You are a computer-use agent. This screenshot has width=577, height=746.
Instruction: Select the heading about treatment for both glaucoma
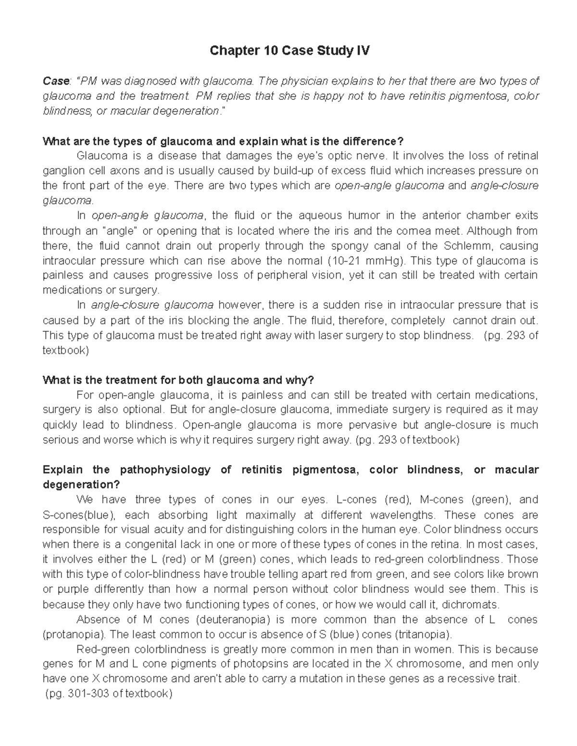pyautogui.click(x=178, y=380)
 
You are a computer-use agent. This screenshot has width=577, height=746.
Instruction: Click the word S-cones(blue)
pyautogui.click(x=79, y=515)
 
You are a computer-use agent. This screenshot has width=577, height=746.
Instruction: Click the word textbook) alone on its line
pyautogui.click(x=66, y=351)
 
